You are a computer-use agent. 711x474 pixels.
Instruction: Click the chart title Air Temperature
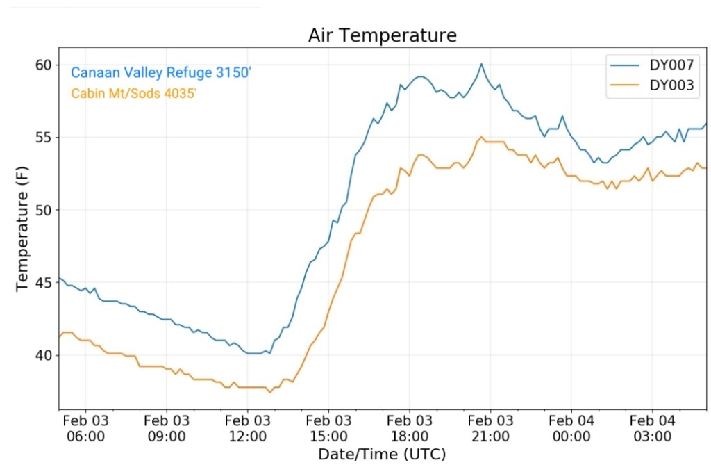point(383,35)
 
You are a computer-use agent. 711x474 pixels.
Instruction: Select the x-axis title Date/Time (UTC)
point(382,455)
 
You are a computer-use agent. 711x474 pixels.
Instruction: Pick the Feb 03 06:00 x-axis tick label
point(85,428)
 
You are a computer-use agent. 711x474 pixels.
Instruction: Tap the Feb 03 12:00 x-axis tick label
point(247,428)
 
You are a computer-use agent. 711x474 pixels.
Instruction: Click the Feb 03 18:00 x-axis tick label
point(409,428)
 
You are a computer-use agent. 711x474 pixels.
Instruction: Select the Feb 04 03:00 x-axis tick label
point(652,428)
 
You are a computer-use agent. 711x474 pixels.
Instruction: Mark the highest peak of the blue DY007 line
point(481,64)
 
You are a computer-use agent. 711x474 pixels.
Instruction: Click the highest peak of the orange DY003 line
point(481,137)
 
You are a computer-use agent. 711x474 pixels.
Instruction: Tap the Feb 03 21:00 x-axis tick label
point(490,428)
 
